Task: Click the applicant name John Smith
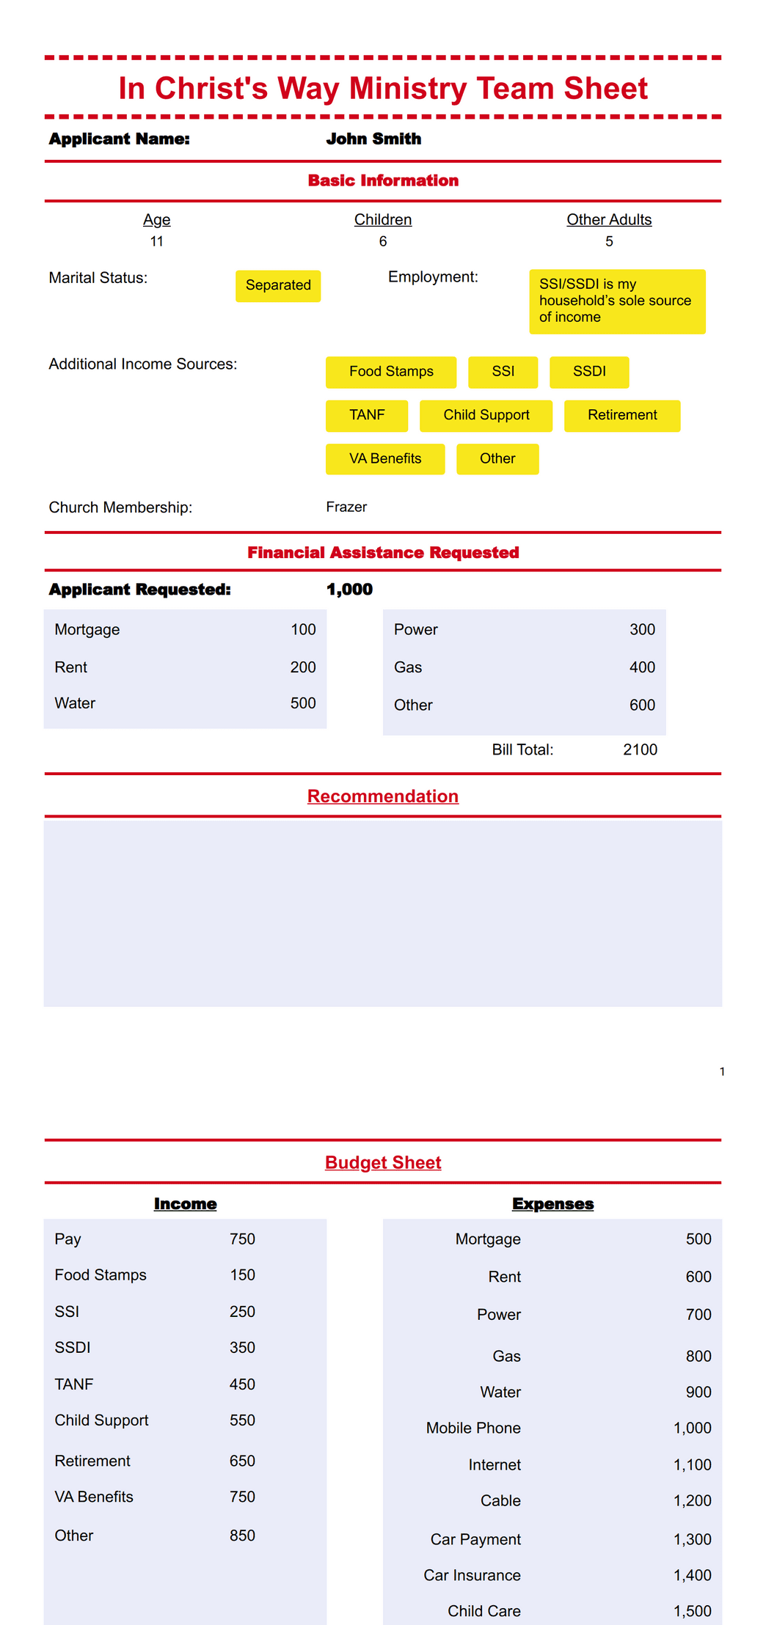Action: coord(373,139)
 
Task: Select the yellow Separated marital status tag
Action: coord(278,285)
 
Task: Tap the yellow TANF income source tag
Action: coord(367,415)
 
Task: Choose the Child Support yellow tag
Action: coord(486,415)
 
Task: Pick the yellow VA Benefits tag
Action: coord(385,459)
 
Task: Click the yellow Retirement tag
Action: coord(622,415)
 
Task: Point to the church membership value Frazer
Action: coord(346,507)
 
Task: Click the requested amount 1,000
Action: coord(349,590)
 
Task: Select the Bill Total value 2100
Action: coord(640,749)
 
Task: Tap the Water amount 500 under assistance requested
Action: coord(303,703)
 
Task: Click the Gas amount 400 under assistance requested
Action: coord(642,667)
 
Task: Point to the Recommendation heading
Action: coord(383,796)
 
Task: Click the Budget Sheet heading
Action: coord(383,1162)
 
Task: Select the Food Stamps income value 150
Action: coord(242,1275)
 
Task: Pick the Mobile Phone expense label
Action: coord(473,1428)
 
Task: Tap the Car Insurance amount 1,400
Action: coord(692,1575)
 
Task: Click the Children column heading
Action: coord(383,220)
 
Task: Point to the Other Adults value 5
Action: coord(609,241)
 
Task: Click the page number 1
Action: coord(722,1071)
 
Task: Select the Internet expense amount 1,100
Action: coord(692,1464)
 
